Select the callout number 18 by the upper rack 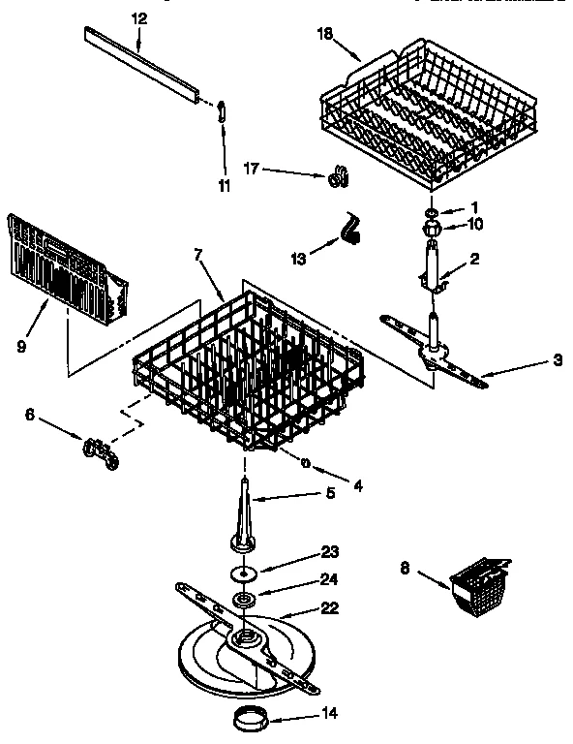point(324,34)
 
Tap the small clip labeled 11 point(223,109)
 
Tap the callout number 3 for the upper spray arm point(558,362)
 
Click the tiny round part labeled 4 point(305,463)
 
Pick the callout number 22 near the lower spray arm point(330,608)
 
